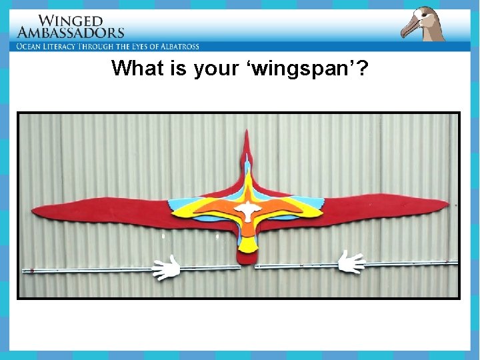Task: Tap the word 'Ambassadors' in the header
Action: (x=71, y=32)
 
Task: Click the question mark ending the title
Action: (x=361, y=68)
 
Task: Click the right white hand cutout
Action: (x=351, y=262)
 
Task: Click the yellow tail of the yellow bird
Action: (x=247, y=245)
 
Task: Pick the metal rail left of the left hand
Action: (x=87, y=270)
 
